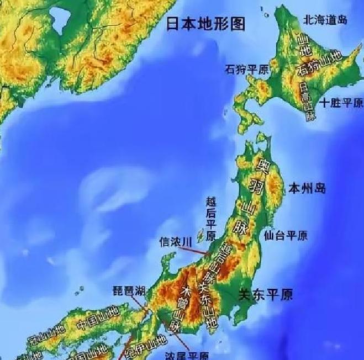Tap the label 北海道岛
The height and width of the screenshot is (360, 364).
click(325, 20)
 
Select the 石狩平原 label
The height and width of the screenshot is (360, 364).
click(246, 70)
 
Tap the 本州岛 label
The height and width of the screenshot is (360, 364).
click(307, 189)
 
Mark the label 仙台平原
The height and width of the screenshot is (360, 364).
click(286, 235)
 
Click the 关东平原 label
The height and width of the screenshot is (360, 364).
click(265, 294)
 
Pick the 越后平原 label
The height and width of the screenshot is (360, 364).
click(210, 220)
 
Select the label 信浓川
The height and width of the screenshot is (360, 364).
click(175, 242)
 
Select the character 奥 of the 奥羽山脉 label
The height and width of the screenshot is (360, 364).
click(262, 164)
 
